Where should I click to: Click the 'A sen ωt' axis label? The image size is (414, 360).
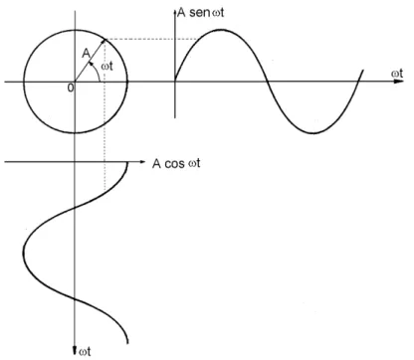200,13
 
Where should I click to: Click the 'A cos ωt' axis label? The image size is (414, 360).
176,164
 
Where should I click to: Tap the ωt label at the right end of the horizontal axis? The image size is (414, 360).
397,73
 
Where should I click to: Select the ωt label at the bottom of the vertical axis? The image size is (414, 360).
86,351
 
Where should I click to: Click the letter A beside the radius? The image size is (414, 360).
86,53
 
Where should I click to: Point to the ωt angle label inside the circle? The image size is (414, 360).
106,66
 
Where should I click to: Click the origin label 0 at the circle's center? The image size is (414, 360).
70,88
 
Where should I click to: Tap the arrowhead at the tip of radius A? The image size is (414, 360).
103,41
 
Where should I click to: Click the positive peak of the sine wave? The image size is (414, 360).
222,30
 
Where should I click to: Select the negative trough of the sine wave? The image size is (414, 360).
313,133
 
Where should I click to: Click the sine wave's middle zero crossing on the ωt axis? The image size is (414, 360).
267,82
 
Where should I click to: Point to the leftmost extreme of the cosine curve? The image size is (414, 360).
24,251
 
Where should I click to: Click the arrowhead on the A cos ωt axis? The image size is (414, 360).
142,162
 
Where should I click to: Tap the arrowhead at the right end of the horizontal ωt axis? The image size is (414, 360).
399,82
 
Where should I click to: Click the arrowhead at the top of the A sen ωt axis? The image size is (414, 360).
175,13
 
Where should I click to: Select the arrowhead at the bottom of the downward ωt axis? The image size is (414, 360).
75,350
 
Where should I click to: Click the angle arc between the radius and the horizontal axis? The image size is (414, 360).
97,71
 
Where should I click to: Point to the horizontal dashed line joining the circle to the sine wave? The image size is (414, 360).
152,40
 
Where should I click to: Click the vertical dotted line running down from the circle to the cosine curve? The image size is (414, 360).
105,115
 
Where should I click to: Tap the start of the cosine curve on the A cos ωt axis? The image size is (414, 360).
127,162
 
